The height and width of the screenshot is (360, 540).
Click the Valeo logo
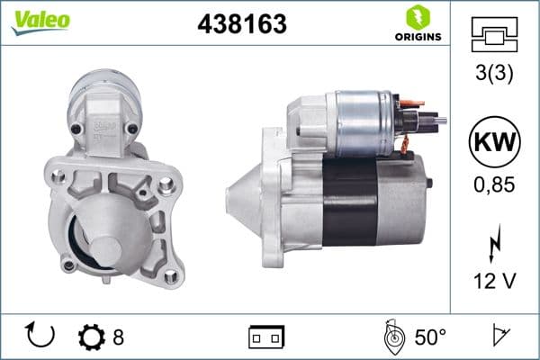40,21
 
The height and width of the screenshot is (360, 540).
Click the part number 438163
241,24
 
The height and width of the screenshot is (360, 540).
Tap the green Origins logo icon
417,16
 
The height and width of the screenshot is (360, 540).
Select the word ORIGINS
417,37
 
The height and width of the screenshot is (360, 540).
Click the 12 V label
494,282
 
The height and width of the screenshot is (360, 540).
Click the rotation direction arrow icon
41,336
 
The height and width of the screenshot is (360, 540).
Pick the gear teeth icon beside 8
92,337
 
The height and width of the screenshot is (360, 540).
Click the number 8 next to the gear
118,337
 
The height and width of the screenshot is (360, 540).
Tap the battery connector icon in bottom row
266,337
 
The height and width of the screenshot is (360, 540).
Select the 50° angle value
430,337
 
